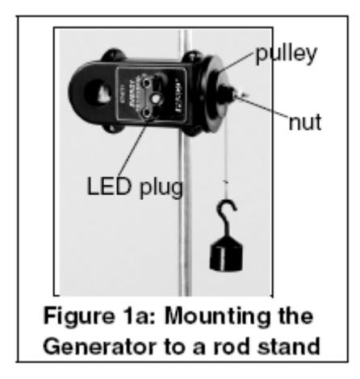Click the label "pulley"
click(287, 55)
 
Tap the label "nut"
click(305, 122)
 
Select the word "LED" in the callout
click(109, 186)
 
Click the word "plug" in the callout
click(161, 188)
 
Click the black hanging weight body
click(226, 254)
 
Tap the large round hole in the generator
click(98, 91)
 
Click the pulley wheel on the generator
click(216, 94)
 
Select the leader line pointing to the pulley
click(236, 62)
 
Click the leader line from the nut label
click(263, 106)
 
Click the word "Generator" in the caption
click(99, 347)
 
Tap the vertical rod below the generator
click(185, 215)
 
